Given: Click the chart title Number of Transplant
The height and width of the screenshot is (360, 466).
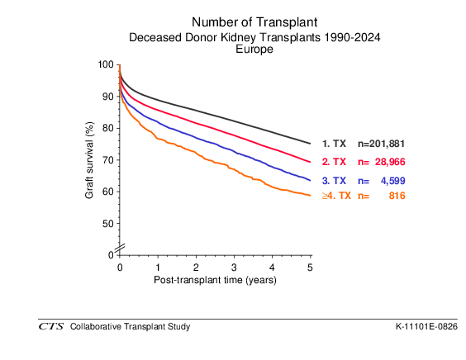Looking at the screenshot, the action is (x=254, y=22).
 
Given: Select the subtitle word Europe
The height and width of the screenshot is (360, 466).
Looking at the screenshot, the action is (x=254, y=49).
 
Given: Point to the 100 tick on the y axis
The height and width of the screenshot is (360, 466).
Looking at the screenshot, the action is (x=106, y=64).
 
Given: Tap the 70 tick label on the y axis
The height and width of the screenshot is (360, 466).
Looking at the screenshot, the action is (x=108, y=160).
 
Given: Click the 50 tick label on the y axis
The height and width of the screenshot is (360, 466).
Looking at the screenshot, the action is (x=108, y=224).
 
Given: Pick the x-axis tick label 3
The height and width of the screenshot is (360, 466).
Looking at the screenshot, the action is (x=234, y=268).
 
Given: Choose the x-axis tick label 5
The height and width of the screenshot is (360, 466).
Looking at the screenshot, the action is (x=310, y=268).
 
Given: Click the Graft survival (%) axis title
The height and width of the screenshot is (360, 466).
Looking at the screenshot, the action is (x=89, y=160).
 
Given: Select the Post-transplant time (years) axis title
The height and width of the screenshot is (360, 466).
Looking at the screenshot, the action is (x=215, y=280).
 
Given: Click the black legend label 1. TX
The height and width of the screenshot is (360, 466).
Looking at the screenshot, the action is (x=334, y=144).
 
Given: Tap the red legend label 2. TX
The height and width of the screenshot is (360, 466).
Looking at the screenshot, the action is (x=334, y=162).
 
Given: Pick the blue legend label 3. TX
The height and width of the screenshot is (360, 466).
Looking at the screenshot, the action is (x=334, y=181).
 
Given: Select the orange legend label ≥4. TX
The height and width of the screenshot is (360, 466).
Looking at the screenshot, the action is (x=336, y=196).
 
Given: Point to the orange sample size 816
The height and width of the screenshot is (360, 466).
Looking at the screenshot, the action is (x=397, y=196).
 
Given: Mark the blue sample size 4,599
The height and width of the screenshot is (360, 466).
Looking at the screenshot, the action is (x=393, y=181).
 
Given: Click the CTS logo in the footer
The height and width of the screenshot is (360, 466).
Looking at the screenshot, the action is (x=51, y=327).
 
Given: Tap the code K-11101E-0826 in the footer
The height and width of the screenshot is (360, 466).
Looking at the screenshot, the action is (x=426, y=327).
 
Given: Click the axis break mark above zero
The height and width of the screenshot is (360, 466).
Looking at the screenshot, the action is (x=120, y=249).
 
